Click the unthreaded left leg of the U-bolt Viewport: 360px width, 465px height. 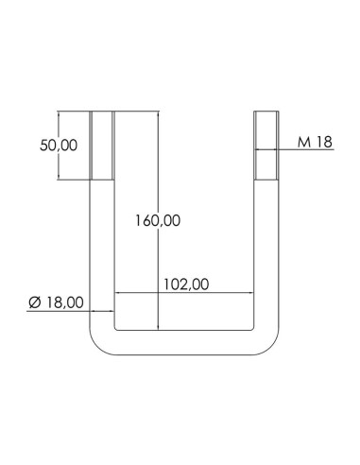coord(102,246)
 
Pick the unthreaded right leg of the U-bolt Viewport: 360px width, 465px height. coord(267,246)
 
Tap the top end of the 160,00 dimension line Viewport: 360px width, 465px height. coord(158,114)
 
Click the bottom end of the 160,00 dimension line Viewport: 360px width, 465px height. coord(158,327)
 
